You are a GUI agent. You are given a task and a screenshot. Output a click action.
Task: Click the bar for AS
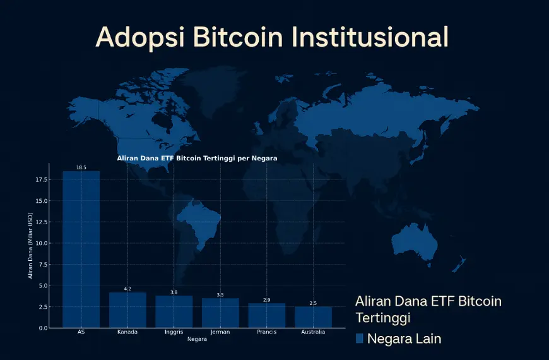click(81, 249)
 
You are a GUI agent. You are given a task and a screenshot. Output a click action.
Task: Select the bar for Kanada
click(127, 310)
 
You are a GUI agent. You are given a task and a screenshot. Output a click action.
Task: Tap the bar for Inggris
click(174, 311)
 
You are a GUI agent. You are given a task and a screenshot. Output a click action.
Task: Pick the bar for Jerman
click(220, 313)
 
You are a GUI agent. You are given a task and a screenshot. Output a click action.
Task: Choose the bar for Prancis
click(266, 315)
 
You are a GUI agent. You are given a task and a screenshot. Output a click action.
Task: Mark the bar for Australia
click(313, 317)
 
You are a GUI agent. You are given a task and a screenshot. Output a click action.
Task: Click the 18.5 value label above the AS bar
click(81, 167)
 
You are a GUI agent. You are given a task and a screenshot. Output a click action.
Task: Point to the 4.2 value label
click(127, 289)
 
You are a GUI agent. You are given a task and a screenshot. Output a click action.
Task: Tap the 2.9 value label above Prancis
click(266, 300)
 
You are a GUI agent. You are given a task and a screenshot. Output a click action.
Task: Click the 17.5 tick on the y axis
click(42, 179)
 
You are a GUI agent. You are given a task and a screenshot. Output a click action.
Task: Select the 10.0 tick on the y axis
click(42, 243)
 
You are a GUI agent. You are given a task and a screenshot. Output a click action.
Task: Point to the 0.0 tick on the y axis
click(44, 328)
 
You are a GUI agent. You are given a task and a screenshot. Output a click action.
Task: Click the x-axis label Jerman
click(220, 332)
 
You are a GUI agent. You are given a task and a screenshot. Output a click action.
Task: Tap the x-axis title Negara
click(197, 339)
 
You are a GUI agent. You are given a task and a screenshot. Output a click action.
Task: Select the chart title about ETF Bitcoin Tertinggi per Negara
click(197, 158)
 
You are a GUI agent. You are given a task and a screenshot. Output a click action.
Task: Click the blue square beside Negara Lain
click(360, 339)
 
